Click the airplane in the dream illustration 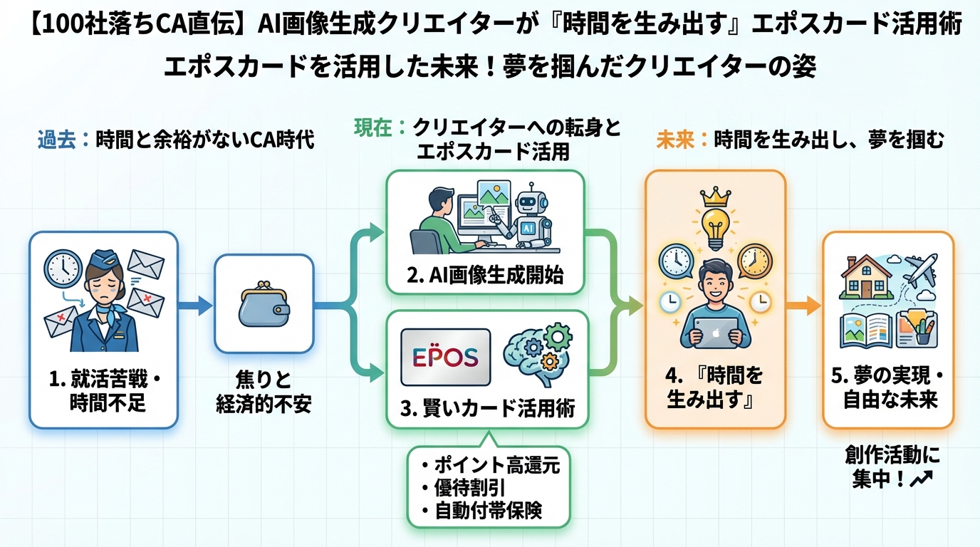920,270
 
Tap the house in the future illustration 867,278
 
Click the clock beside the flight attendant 62,268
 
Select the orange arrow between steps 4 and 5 803,308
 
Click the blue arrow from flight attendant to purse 194,306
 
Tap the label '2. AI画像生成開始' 484,276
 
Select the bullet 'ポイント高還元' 490,466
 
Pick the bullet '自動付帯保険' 490,510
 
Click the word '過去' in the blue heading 56,140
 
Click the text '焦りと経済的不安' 264,392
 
